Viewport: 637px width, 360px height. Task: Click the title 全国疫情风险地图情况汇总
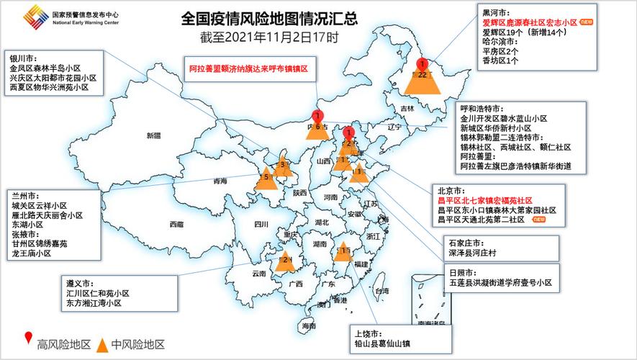269,17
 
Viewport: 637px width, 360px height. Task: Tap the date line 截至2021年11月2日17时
269,35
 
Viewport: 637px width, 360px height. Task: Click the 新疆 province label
154,135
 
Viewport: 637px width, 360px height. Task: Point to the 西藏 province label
176,224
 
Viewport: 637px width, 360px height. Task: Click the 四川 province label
261,224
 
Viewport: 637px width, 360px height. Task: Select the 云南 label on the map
259,274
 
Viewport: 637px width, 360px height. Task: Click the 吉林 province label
408,108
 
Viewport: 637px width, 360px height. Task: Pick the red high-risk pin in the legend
28,339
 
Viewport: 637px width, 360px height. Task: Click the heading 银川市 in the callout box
25,58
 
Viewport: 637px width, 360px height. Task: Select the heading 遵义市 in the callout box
80,284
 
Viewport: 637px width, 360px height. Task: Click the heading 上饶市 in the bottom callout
369,334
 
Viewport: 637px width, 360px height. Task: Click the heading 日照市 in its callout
462,273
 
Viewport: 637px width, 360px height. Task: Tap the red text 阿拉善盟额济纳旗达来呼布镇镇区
248,67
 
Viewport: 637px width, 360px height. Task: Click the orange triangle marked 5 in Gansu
266,178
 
